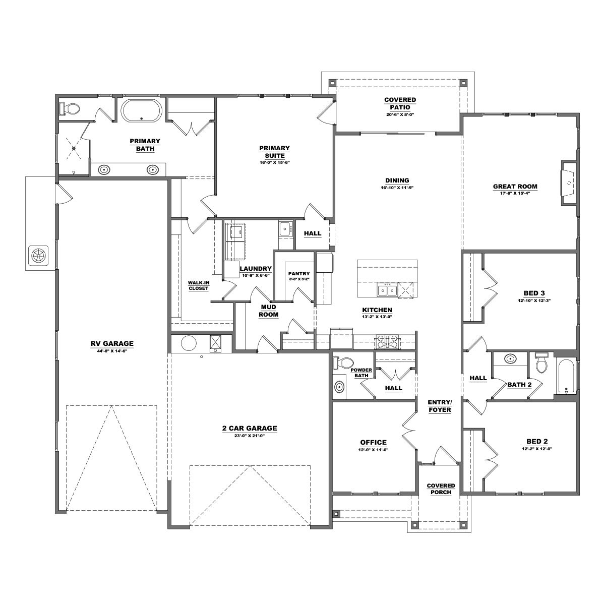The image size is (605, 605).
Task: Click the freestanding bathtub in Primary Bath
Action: point(142,111)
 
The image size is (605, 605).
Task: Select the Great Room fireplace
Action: point(569,183)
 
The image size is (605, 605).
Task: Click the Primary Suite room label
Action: point(274,152)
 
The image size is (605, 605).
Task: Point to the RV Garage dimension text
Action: point(112,351)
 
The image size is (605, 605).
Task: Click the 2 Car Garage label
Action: point(250,428)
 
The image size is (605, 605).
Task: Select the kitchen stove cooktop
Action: point(388,342)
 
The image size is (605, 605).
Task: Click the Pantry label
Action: point(299,274)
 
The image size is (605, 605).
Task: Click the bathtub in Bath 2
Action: point(567,376)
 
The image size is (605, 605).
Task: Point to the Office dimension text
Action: point(373,450)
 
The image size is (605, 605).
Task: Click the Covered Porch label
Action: point(441,489)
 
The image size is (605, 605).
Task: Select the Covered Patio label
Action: point(400,104)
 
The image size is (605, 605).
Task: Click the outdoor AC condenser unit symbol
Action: point(38,256)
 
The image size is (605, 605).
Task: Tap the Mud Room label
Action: point(268,311)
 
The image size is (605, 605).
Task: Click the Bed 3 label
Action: point(534,293)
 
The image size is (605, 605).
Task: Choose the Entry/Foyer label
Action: point(440,406)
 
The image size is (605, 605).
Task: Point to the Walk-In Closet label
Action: point(199,286)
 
